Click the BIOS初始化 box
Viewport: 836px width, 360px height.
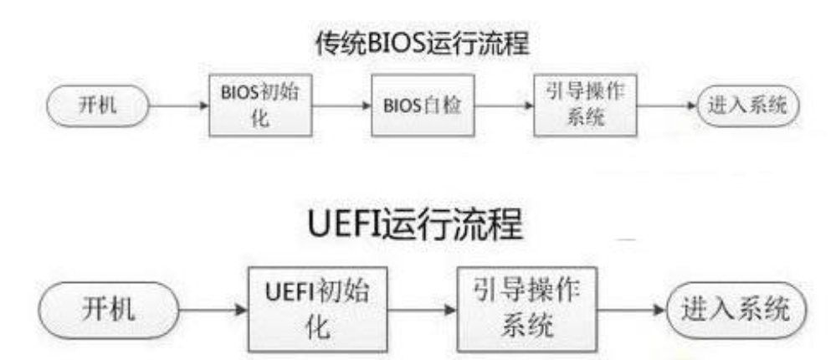260,106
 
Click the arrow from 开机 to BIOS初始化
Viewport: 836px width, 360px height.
178,107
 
